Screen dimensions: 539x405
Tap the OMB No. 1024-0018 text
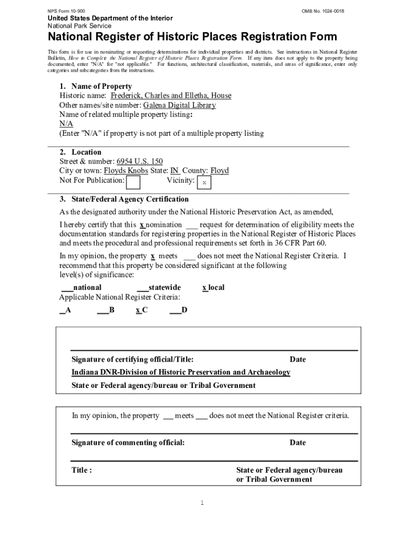[x=323, y=11]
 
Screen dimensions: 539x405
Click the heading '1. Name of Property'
[x=95, y=86]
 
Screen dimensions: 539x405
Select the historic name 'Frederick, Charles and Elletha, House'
[x=170, y=96]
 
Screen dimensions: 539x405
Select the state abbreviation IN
[x=175, y=171]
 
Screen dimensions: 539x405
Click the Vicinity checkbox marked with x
[x=204, y=183]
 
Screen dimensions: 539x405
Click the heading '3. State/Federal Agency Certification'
[x=124, y=199]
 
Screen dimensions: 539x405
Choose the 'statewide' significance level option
[x=159, y=287]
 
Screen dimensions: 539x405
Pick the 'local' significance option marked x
[x=214, y=287]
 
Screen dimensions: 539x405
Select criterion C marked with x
[x=141, y=310]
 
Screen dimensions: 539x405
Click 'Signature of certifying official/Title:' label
[x=133, y=360]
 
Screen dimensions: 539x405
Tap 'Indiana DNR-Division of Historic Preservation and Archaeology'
[x=180, y=372]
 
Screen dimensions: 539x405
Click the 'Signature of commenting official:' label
[x=128, y=443]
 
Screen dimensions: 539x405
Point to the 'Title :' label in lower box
[x=82, y=470]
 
